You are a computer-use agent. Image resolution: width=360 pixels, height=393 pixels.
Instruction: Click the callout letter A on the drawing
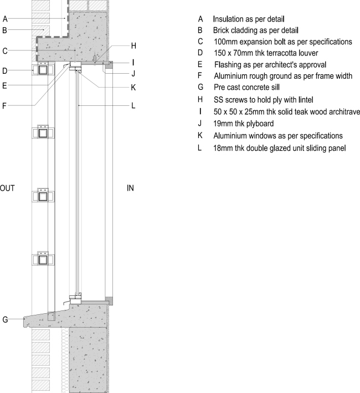[5, 19]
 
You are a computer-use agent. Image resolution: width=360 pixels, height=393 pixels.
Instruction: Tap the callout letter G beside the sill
[5, 319]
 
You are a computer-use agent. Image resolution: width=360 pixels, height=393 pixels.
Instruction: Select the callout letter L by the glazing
[133, 105]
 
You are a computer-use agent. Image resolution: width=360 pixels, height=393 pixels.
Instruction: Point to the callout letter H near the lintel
[133, 45]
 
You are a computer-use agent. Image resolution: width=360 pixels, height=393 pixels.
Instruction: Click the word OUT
[7, 188]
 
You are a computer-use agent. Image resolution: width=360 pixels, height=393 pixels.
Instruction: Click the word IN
[131, 188]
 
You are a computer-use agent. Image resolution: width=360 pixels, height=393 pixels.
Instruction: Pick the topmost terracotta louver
[43, 70]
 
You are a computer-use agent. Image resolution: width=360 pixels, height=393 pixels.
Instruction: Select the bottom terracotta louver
[43, 259]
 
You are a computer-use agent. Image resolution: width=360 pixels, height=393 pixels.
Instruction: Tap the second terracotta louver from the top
[43, 133]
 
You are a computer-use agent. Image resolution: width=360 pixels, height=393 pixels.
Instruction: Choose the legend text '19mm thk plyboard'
[244, 124]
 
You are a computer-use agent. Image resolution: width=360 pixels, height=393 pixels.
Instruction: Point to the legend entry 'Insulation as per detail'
[249, 18]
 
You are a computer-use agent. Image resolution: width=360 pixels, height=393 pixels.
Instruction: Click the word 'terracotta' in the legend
[282, 53]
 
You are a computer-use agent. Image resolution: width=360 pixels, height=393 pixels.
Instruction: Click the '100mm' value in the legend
[227, 42]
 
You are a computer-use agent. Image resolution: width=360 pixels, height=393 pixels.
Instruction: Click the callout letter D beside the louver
[5, 70]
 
